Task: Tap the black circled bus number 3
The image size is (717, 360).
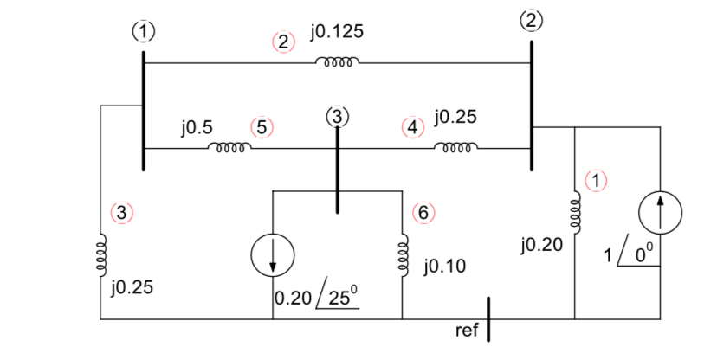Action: (x=338, y=115)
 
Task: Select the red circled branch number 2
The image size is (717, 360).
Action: (x=283, y=42)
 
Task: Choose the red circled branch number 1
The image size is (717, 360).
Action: (x=597, y=181)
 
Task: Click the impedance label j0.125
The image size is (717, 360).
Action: (x=336, y=32)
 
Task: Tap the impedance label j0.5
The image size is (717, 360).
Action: (x=197, y=127)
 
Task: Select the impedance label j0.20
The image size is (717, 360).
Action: (x=543, y=247)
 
